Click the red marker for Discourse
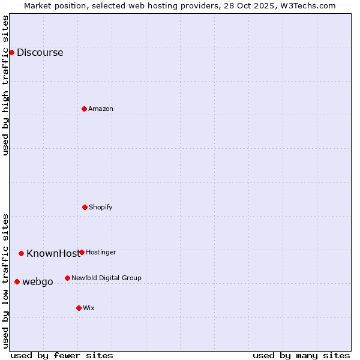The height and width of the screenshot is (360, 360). point(11,52)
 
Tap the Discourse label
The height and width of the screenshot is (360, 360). point(40,52)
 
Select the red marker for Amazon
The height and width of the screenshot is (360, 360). point(84,109)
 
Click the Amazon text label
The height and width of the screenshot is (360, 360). point(100,109)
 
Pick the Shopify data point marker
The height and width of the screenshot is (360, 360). point(85,207)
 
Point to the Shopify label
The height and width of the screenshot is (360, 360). point(100,207)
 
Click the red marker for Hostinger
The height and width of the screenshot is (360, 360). point(82,252)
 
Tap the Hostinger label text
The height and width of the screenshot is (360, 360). point(101,252)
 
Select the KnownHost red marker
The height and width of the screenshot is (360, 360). point(21,253)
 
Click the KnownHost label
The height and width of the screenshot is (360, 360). point(53,253)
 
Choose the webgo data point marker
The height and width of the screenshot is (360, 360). point(17,281)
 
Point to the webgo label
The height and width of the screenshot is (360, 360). point(37,281)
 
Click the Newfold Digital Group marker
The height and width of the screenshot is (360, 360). point(67,278)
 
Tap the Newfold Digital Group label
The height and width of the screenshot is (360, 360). point(106,278)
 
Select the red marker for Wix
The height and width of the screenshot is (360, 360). point(79,308)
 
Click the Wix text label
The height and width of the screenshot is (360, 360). point(89,308)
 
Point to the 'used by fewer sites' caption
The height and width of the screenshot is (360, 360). point(62,355)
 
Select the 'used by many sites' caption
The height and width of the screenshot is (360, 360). point(301,355)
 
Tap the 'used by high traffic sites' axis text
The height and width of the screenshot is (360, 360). point(5,85)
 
